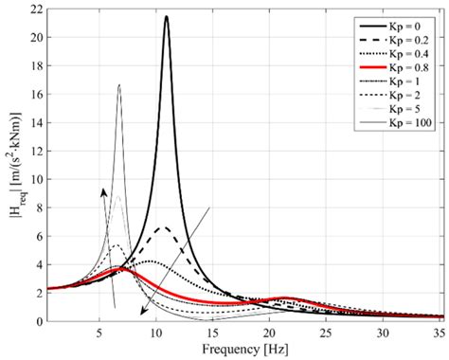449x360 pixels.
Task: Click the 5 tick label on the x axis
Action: [x=99, y=333]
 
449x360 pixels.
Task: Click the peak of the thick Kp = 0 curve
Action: [x=166, y=16]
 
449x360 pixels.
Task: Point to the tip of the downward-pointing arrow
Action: [x=140, y=315]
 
